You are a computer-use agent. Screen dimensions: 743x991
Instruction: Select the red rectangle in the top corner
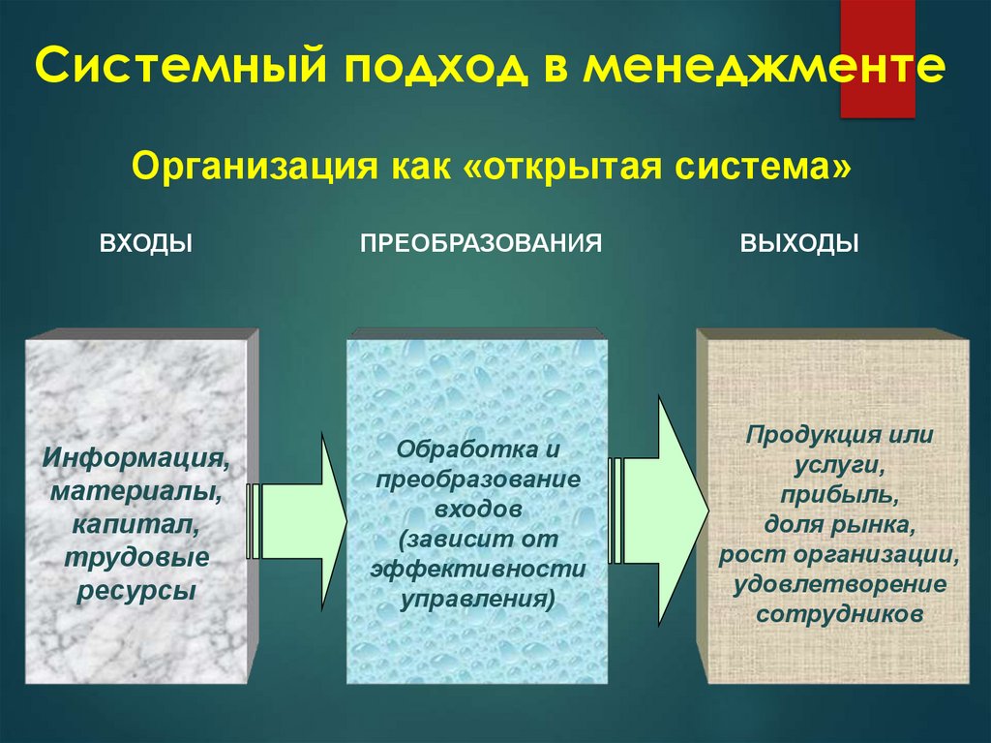(877, 58)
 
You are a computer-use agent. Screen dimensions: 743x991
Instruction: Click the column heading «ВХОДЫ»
(146, 242)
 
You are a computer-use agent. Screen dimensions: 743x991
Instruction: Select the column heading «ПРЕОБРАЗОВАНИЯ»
(482, 242)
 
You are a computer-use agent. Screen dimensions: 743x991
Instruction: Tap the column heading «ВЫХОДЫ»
(800, 242)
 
